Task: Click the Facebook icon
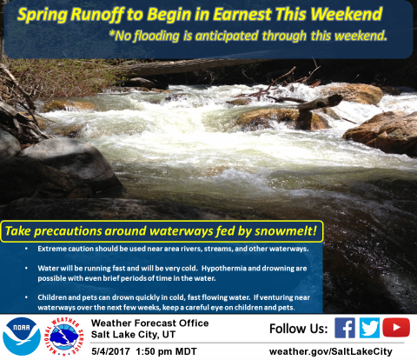coord(345,328)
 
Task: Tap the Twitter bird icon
coord(369,328)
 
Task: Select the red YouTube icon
coord(396,328)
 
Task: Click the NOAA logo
coord(22,337)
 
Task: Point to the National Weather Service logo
coord(64,337)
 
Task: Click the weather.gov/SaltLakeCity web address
coord(331,351)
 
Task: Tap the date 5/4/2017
coord(110,351)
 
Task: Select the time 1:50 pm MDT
coord(166,351)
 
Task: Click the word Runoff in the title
coord(97,15)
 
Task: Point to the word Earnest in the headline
coord(242,14)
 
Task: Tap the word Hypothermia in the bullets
coord(223,269)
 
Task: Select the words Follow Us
coord(299,329)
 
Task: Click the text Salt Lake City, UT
coord(133,335)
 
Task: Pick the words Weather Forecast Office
coord(149,323)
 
